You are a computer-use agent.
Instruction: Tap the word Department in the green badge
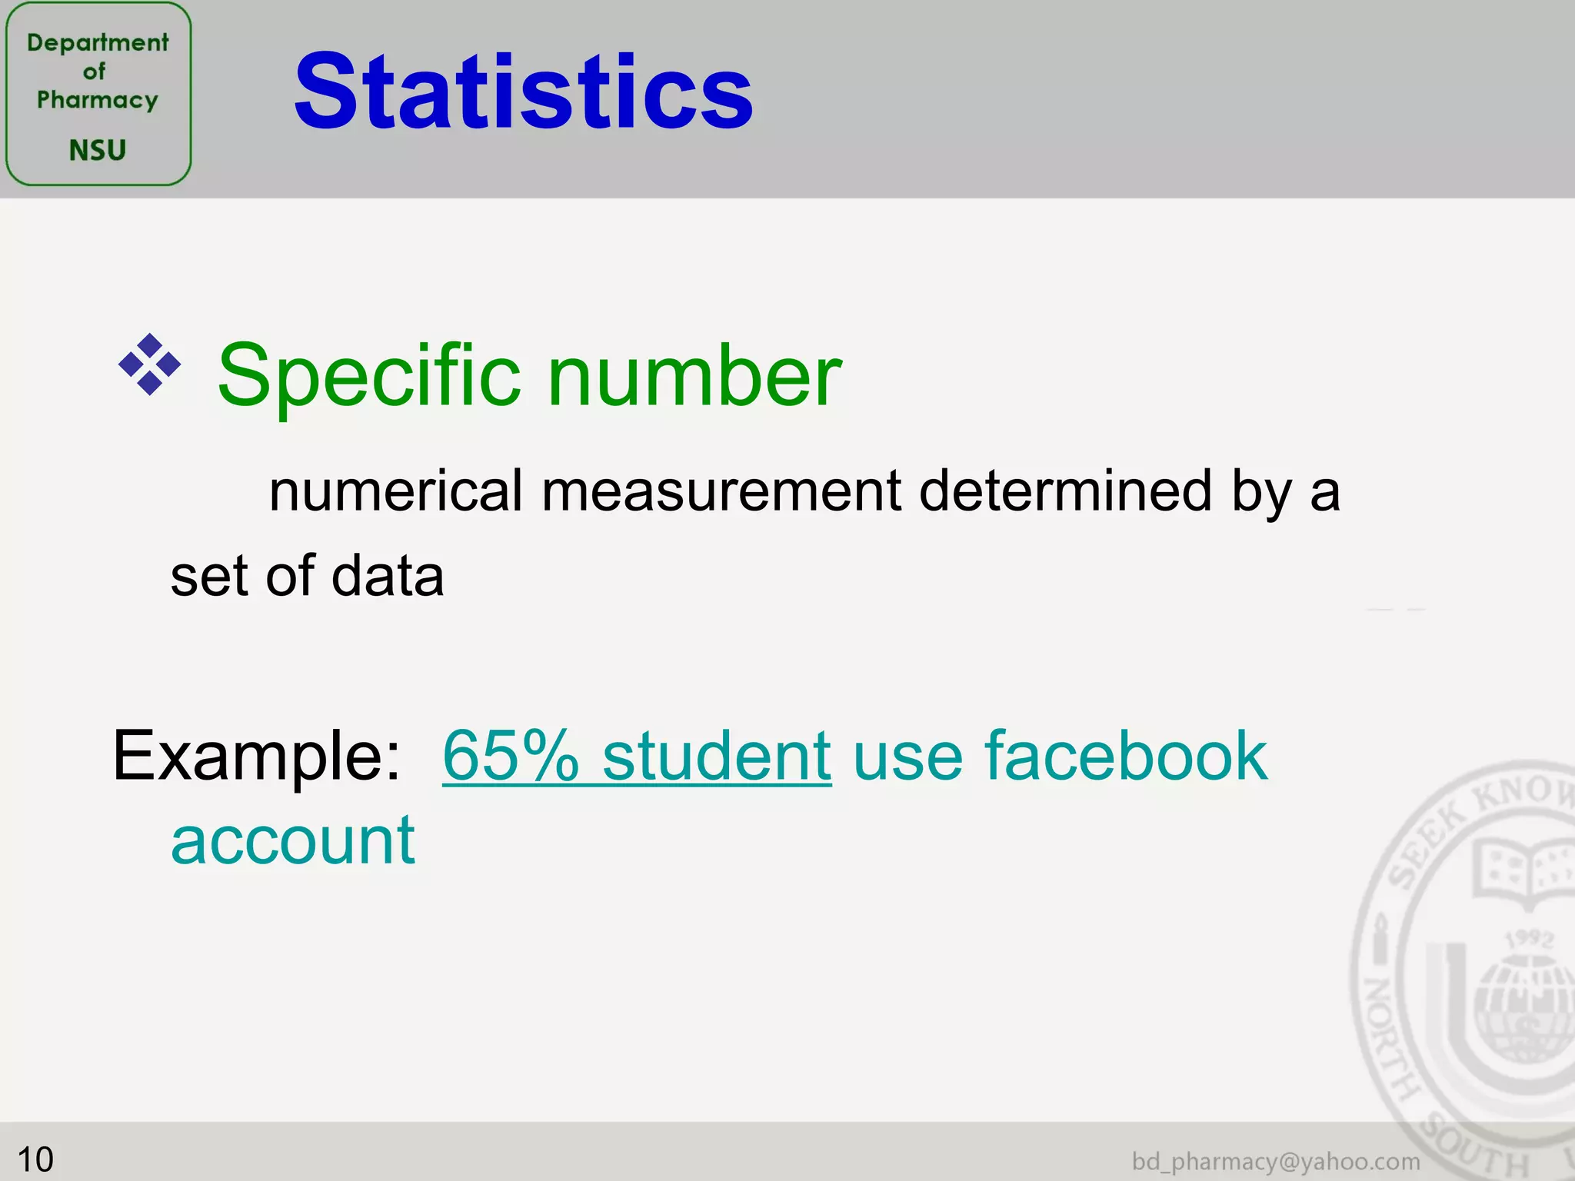(x=98, y=42)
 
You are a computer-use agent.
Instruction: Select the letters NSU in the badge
(x=98, y=150)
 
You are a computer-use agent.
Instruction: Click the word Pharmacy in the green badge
(x=98, y=100)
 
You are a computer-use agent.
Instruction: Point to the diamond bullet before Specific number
(x=150, y=364)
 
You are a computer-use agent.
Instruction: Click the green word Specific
(x=369, y=377)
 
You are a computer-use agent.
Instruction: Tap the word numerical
(x=395, y=492)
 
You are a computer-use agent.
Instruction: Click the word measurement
(x=721, y=492)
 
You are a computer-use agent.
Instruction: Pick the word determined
(x=1066, y=492)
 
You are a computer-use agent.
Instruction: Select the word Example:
(x=257, y=757)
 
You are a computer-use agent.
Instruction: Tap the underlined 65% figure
(x=511, y=757)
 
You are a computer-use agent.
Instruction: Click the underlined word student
(x=717, y=757)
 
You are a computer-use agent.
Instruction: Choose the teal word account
(x=293, y=842)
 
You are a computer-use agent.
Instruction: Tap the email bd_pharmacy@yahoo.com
(x=1276, y=1161)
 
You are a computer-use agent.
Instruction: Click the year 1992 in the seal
(x=1529, y=939)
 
